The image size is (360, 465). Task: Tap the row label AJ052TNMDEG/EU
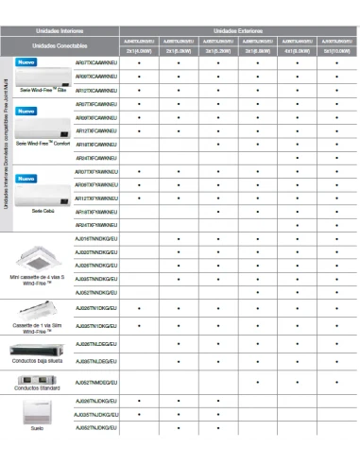pyautogui.click(x=95, y=382)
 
